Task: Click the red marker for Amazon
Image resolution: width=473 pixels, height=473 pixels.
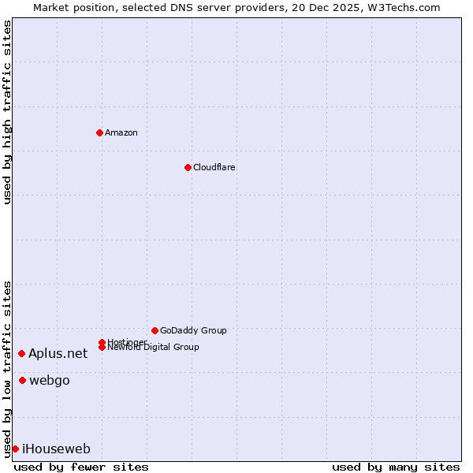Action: (99, 132)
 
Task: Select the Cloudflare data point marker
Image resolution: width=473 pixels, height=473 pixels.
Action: (188, 167)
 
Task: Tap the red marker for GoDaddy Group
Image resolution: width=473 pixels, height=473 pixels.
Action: (155, 330)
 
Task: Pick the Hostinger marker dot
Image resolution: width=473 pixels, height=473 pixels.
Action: (102, 342)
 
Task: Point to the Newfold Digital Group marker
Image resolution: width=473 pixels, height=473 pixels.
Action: (102, 347)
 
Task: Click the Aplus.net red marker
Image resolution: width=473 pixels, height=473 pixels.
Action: (21, 353)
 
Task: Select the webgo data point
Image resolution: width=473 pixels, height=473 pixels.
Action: (22, 381)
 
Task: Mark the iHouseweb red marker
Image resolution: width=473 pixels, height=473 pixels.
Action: (15, 449)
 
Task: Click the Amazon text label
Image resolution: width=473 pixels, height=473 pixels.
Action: (121, 132)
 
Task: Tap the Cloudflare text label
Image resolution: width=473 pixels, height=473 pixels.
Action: (214, 167)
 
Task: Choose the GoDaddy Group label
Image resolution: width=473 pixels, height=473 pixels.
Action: (193, 330)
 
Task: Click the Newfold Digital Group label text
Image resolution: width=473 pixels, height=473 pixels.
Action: (154, 348)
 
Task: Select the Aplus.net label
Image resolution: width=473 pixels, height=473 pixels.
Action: (58, 354)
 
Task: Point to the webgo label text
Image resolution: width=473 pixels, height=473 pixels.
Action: (50, 381)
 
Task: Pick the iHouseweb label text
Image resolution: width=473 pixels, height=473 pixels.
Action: (56, 449)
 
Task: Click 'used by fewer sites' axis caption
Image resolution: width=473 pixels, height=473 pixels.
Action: (81, 467)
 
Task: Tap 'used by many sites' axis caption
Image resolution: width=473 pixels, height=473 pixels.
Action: (396, 467)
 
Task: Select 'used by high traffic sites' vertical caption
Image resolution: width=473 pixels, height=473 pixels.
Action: (7, 112)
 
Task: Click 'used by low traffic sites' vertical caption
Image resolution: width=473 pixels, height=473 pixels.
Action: (7, 368)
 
